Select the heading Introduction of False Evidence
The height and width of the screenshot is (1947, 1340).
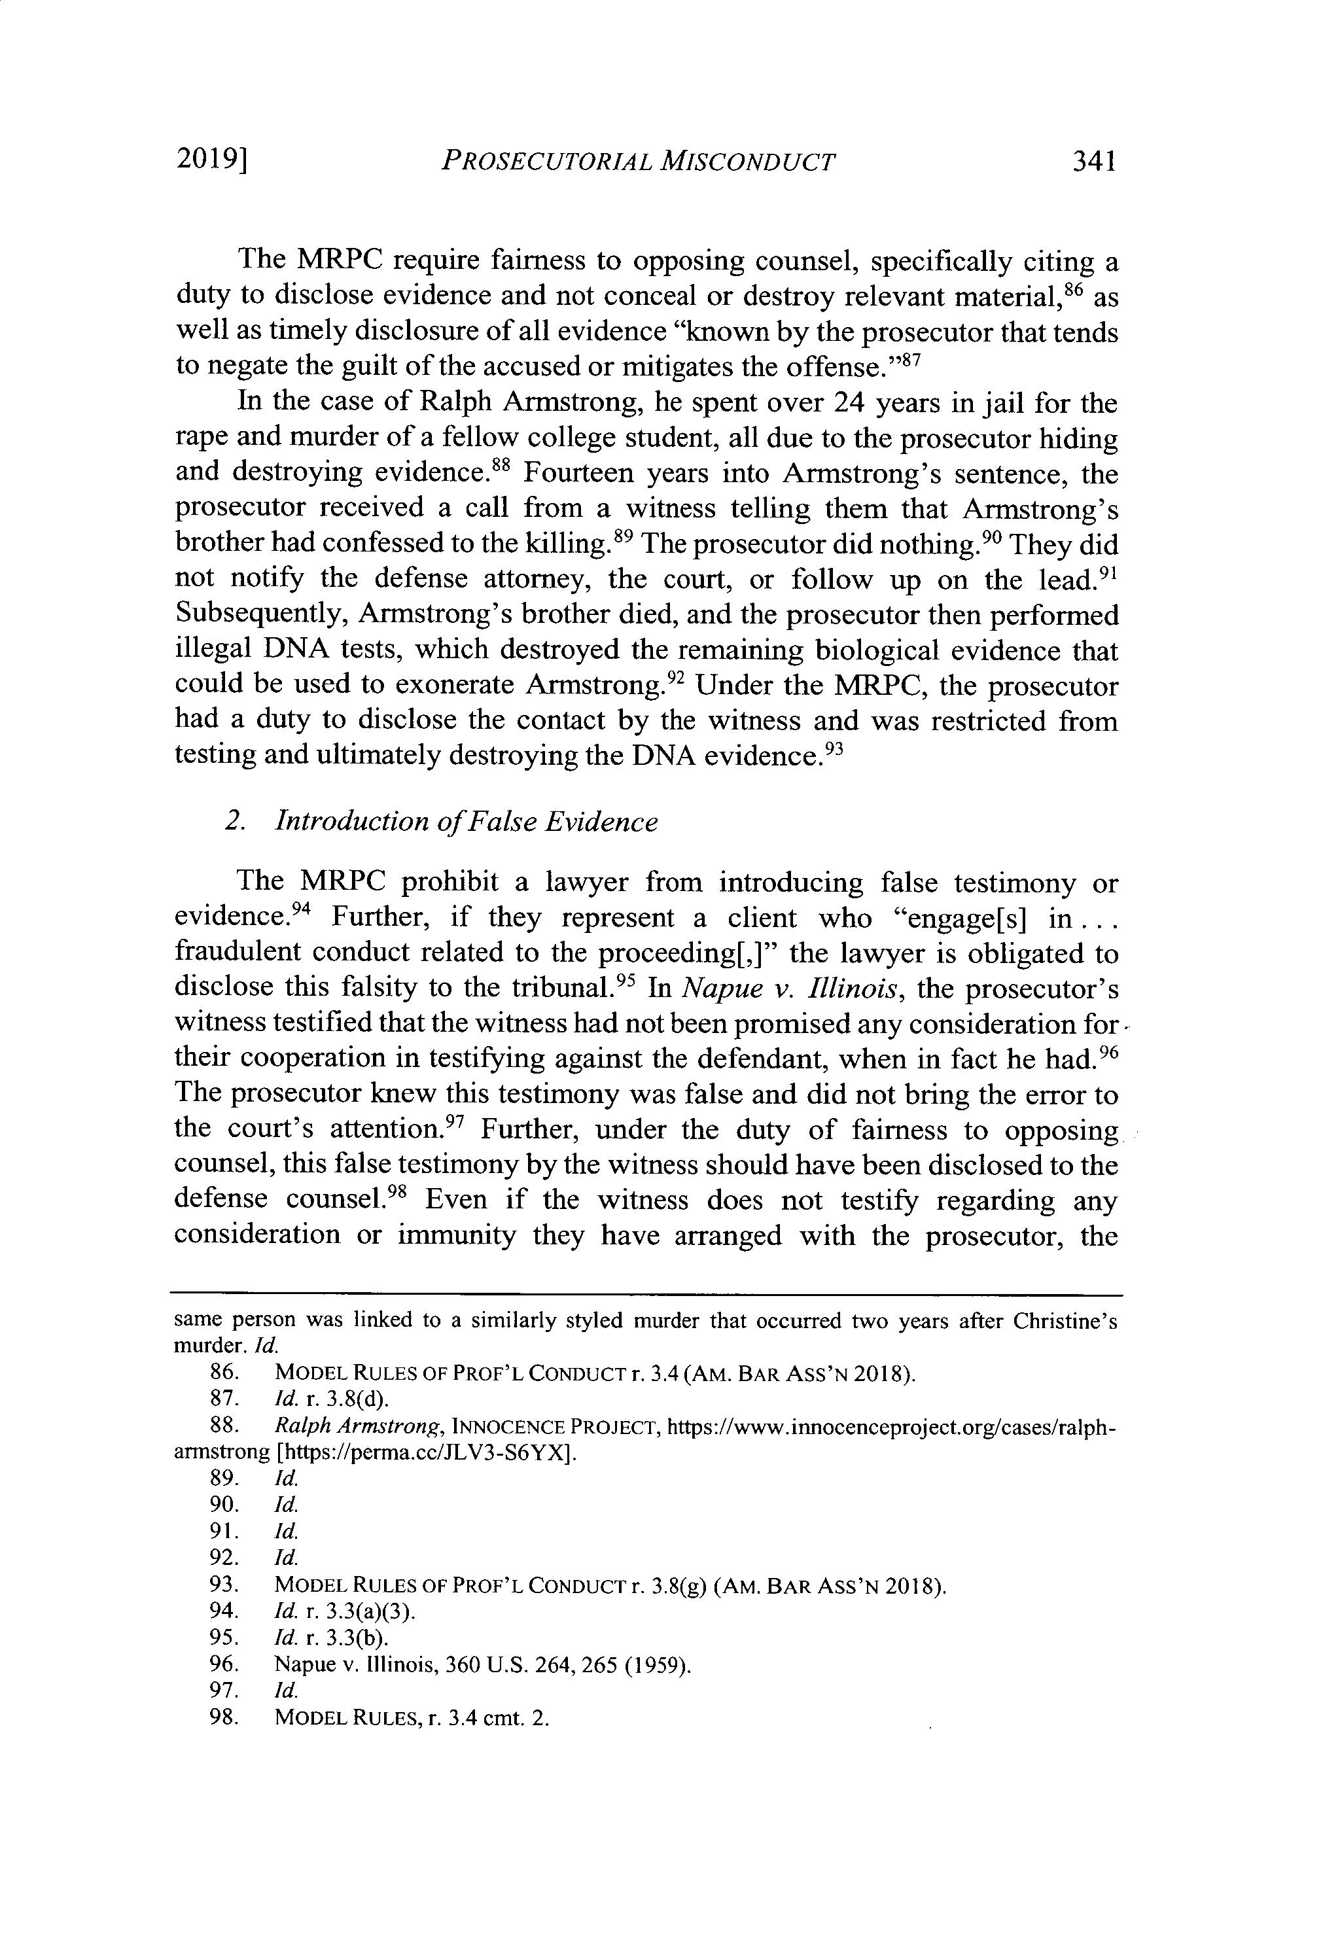pos(466,820)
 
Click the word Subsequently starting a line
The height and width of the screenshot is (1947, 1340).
pos(260,616)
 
